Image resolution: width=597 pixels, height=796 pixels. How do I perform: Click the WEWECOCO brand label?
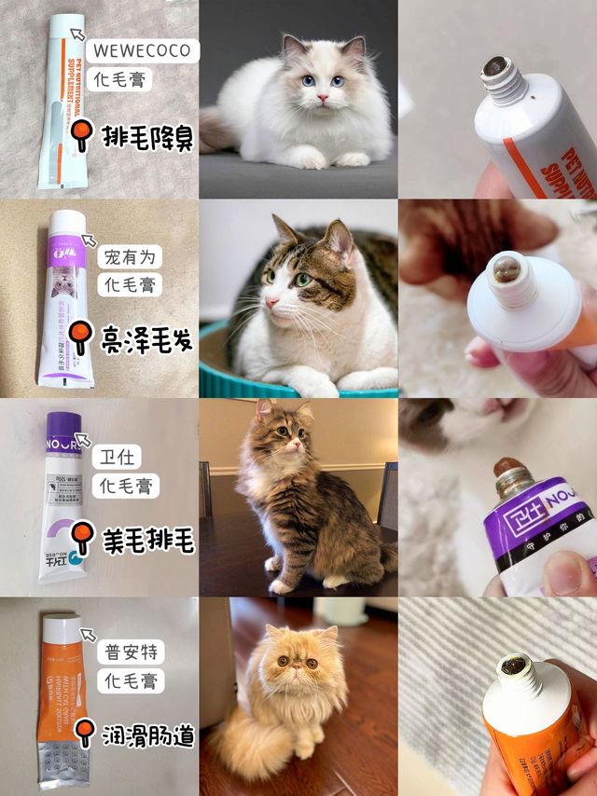click(142, 49)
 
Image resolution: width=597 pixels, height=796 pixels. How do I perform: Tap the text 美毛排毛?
click(146, 540)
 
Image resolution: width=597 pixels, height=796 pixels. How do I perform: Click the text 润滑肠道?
click(146, 736)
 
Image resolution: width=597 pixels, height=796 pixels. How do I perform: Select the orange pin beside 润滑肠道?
click(83, 732)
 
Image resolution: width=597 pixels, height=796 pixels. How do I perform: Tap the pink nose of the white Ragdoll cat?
click(321, 98)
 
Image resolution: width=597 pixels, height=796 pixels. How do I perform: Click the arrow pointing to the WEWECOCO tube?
click(78, 38)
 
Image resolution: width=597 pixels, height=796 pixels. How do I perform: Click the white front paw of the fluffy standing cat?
click(281, 585)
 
